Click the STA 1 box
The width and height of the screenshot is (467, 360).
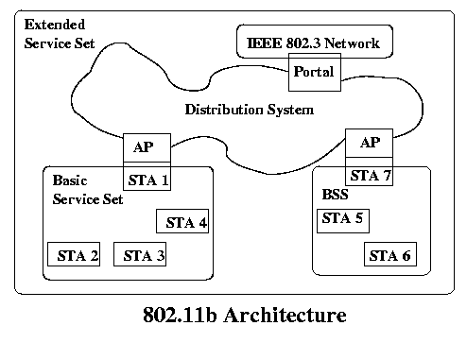pos(147,179)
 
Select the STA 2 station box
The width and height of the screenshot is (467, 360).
pos(73,255)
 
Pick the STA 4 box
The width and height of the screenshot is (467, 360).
pos(182,223)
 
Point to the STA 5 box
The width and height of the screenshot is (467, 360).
pos(342,218)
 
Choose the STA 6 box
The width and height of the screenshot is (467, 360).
pos(389,255)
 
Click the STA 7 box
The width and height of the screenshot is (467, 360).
pos(371,175)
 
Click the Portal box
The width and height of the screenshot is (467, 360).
pos(313,73)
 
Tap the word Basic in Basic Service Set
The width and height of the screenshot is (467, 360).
pos(70,180)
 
